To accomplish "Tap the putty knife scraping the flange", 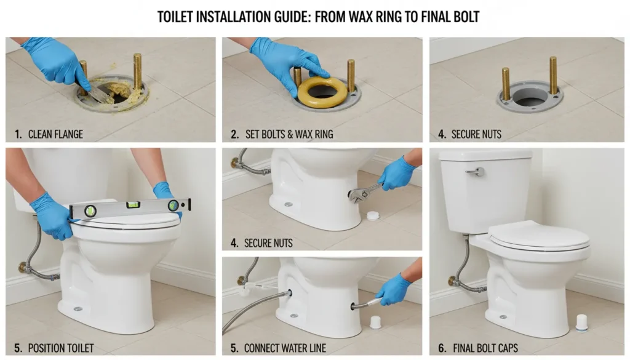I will tap(105, 93).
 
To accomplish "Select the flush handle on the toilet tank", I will tap(475, 172).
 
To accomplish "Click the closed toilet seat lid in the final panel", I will tap(538, 236).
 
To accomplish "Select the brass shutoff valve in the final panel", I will tap(453, 281).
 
